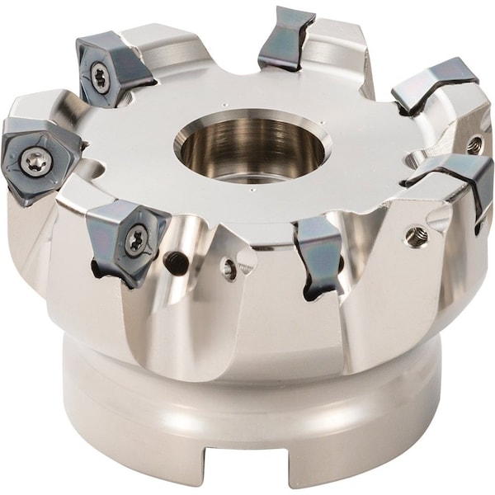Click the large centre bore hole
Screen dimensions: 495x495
point(252,148)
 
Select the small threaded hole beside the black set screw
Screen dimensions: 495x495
point(229,266)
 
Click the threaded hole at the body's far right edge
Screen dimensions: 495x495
point(474,145)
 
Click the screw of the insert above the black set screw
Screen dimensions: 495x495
point(134,240)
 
